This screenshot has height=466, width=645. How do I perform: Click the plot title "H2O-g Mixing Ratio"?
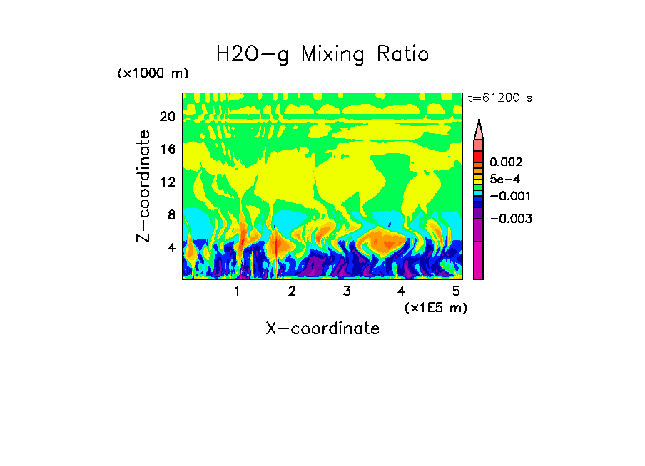point(322,54)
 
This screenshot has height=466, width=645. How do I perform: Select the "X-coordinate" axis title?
point(322,328)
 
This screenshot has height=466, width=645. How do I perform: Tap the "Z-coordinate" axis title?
point(144,186)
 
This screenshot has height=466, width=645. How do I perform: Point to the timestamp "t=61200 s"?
point(499,98)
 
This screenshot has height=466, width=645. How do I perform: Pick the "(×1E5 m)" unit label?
point(435,307)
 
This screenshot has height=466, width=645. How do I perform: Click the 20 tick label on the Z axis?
point(167,116)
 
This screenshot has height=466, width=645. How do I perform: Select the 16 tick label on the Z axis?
point(167,149)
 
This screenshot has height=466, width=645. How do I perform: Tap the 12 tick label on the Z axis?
point(167,182)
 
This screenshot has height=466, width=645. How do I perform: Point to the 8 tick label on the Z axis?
point(171,214)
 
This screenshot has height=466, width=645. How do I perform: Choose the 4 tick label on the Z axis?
point(171,247)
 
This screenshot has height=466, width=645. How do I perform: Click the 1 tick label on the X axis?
point(237,291)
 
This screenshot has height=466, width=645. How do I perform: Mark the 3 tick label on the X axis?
point(346,291)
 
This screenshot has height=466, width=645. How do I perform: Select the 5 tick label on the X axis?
point(456,291)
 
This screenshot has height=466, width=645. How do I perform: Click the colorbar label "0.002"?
point(506,162)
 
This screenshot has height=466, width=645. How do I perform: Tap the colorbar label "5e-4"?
point(504,179)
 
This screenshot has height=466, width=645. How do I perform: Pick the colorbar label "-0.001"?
point(509,195)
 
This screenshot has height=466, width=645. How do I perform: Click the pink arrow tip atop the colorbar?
point(479,129)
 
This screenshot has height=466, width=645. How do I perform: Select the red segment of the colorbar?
point(479,156)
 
